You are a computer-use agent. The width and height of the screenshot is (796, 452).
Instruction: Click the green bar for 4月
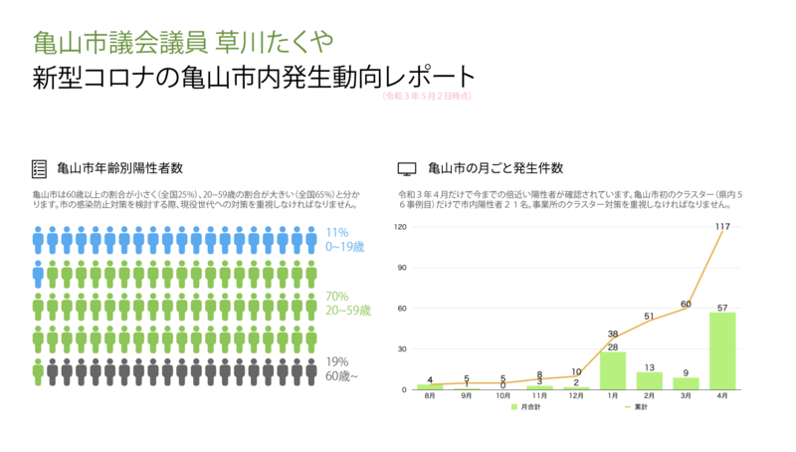coord(722,350)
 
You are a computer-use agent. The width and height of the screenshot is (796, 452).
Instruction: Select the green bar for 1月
coord(613,370)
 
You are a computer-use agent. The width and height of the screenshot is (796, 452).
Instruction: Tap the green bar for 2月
coord(649,380)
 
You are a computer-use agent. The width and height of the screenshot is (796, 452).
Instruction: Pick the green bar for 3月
coord(686,383)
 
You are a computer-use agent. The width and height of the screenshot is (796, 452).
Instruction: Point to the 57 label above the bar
coord(722,306)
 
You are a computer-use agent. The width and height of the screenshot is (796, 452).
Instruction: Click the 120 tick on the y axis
coord(402,227)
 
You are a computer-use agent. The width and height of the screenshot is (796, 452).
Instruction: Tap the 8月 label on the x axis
coord(430,396)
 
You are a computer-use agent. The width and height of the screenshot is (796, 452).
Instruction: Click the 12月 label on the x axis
coord(576,396)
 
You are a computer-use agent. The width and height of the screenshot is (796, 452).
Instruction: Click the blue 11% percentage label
coord(337,232)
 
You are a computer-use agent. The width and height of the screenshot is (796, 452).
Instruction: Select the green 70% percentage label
coord(337,297)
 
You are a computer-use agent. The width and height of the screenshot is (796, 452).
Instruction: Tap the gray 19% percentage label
coord(337,361)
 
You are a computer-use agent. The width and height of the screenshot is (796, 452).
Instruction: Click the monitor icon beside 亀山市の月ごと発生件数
coord(406,168)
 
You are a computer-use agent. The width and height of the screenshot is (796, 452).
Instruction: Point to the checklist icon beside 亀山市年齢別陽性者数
coord(40,168)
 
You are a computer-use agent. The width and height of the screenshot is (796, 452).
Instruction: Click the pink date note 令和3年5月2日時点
coord(426,96)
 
